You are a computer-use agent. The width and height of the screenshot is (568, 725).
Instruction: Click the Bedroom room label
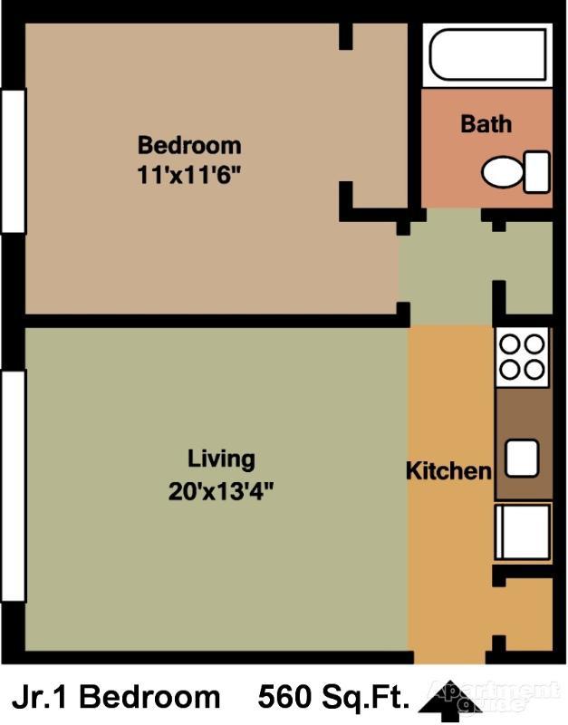[x=189, y=145]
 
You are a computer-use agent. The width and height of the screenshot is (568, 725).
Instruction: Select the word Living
[x=221, y=459]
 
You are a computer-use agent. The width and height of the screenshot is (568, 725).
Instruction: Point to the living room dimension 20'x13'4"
[x=221, y=492]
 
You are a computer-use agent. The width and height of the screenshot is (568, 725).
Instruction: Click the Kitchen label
[x=448, y=471]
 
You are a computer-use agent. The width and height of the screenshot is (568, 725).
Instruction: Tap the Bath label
[x=486, y=124]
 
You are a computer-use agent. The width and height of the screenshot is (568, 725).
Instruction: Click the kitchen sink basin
[x=522, y=458]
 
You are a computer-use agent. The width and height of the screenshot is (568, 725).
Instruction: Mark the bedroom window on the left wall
[x=13, y=160]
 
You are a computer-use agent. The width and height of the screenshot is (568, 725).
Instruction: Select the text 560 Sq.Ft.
[x=333, y=697]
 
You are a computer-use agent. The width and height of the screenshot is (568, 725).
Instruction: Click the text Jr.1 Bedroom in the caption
[x=115, y=697]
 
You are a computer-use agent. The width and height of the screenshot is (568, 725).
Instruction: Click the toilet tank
[x=537, y=171]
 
